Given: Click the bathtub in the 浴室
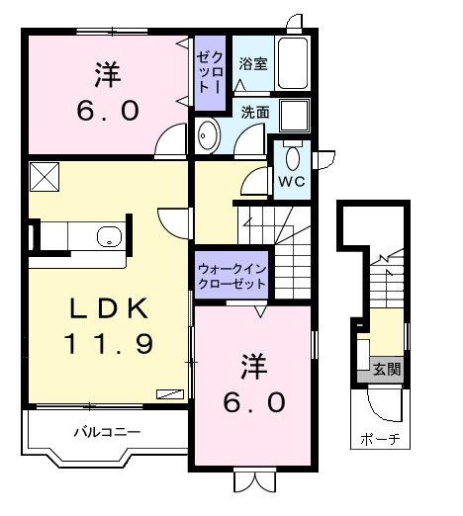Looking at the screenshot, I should [x=293, y=64].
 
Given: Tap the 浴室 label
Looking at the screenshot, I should [x=253, y=64].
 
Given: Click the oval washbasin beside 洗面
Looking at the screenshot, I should [x=208, y=136].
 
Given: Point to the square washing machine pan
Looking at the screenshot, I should [x=293, y=116].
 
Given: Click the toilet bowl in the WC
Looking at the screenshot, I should [x=292, y=157].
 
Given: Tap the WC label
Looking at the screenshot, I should [x=290, y=183].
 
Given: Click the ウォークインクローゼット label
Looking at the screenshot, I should [x=232, y=275].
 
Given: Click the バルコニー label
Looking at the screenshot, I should [x=107, y=432].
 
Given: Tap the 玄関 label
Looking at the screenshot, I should [x=387, y=370].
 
